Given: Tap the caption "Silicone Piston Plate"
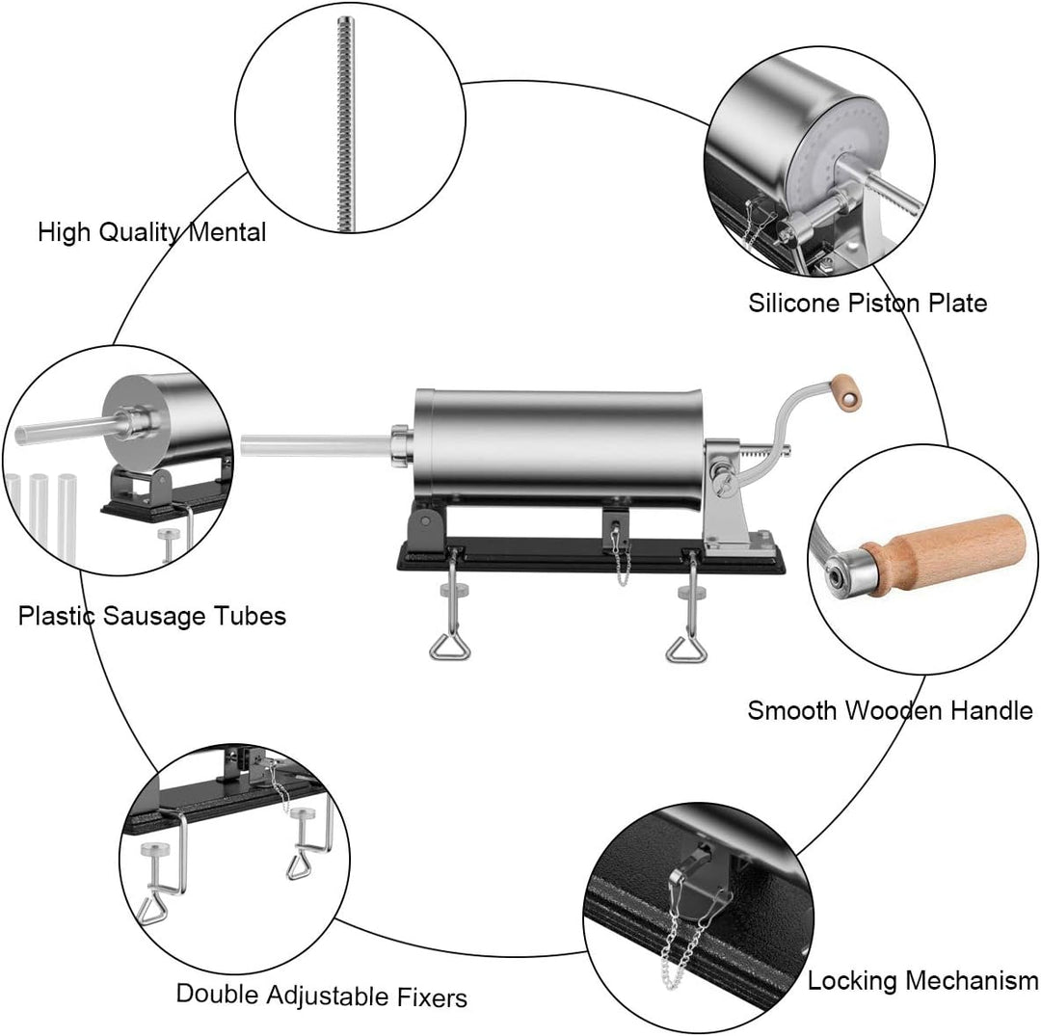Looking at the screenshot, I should [867, 303].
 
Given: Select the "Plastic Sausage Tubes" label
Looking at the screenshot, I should [152, 615].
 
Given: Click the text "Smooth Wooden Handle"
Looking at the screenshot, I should [890, 711].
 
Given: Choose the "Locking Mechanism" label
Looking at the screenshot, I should [922, 981].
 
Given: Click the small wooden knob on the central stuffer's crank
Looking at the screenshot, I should [848, 389].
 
